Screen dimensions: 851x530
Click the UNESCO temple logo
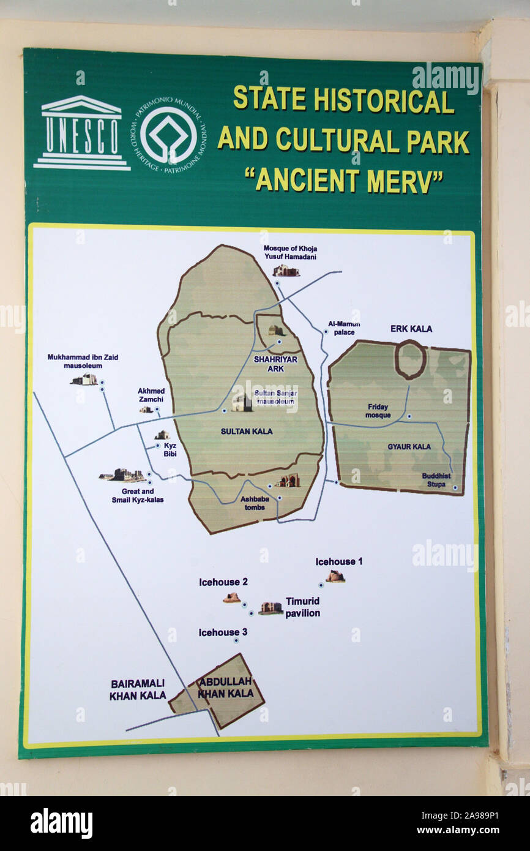(81, 133)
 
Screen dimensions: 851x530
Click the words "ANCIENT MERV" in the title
(343, 180)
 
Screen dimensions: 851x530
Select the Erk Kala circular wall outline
(410, 359)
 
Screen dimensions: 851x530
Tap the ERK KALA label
(411, 329)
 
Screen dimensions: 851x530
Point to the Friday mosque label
(378, 411)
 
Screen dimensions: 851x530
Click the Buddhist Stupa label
(436, 479)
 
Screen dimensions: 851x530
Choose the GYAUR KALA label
(409, 446)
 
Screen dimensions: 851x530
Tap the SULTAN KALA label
(247, 431)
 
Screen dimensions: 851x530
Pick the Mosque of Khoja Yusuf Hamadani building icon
(286, 270)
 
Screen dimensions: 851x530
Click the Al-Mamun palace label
(344, 328)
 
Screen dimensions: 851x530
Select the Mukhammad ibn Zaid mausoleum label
(75, 361)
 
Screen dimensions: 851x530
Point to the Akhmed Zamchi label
(151, 394)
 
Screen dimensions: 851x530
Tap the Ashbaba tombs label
(255, 503)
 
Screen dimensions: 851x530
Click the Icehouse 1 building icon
(335, 576)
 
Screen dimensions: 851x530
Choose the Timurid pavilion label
(302, 607)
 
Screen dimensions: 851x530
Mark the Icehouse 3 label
(223, 632)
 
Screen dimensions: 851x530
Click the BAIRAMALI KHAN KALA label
(138, 689)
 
